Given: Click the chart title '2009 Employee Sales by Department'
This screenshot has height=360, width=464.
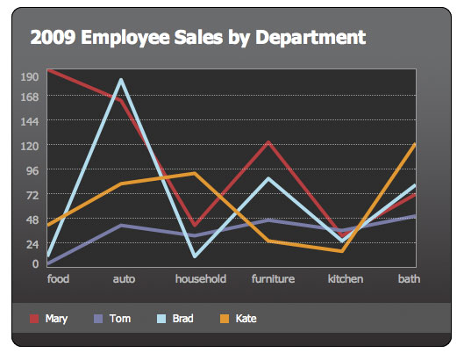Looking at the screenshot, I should [x=197, y=37].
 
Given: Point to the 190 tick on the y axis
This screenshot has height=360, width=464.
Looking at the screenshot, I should [x=29, y=76].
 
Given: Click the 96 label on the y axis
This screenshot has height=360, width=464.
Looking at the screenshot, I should [x=32, y=169].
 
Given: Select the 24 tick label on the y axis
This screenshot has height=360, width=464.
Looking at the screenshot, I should [x=32, y=243].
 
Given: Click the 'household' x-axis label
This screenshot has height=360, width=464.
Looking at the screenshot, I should [x=201, y=279].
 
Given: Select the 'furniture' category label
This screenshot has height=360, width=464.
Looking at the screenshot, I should [x=273, y=279].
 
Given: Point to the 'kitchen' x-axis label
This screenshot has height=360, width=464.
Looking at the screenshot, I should [x=345, y=279].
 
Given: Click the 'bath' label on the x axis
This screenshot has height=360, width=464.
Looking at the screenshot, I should [x=409, y=279].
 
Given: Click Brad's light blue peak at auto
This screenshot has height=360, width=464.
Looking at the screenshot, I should [x=121, y=81].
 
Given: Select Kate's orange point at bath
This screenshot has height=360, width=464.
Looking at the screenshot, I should [x=415, y=144].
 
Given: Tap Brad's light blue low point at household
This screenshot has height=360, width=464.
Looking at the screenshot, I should [x=194, y=256].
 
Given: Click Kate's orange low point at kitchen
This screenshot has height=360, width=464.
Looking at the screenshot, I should [x=341, y=250].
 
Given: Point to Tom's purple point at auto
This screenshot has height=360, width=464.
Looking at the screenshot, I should [x=121, y=225].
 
